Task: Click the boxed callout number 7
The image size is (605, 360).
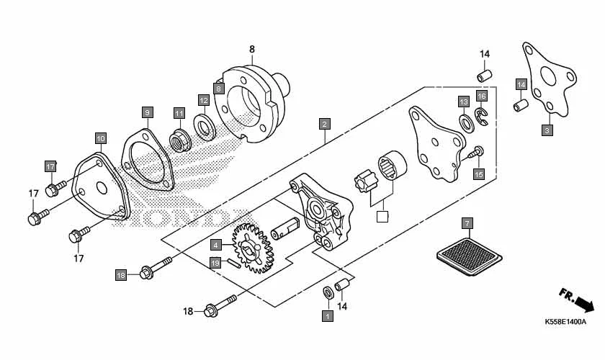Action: click(x=467, y=223)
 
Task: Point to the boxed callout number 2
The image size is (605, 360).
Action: click(x=325, y=124)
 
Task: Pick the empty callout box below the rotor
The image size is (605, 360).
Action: click(x=383, y=215)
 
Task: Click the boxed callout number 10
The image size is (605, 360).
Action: click(x=100, y=138)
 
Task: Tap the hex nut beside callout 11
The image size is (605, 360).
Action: click(x=179, y=137)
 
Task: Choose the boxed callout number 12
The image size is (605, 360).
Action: click(x=204, y=101)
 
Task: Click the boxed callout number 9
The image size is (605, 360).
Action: click(x=146, y=112)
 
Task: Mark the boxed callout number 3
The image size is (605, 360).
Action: click(x=547, y=130)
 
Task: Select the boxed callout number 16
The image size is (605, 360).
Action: click(x=482, y=96)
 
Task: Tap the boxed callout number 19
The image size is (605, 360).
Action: click(x=215, y=263)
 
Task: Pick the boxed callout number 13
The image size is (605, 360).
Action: click(x=463, y=102)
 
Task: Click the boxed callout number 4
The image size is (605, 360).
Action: click(x=215, y=245)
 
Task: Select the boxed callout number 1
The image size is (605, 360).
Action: click(x=327, y=315)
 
